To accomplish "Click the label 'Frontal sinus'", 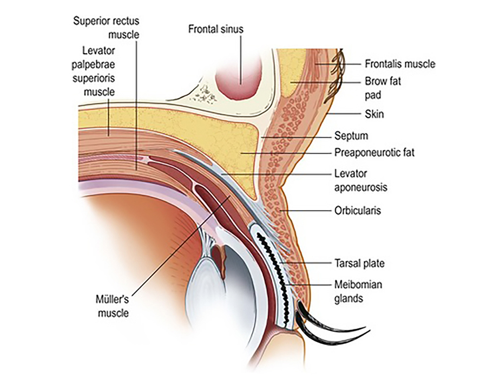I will [215, 29].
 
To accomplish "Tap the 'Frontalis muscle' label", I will [400, 64].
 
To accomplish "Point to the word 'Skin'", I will [374, 115].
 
